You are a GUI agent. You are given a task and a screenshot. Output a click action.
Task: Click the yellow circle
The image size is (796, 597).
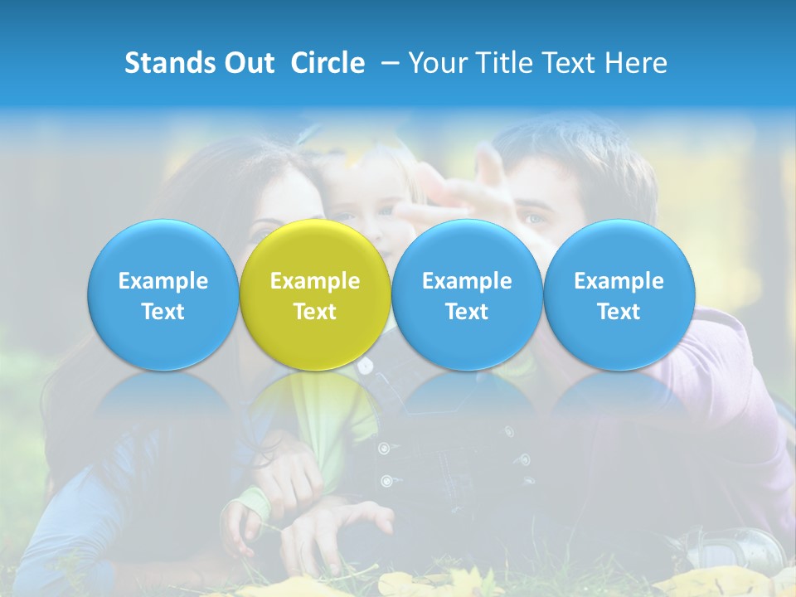315,295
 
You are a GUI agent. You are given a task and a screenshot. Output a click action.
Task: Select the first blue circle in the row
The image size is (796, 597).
163,295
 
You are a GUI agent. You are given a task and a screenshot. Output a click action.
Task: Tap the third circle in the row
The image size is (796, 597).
467,295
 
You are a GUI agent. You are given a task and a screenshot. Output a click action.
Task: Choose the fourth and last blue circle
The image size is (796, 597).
619,295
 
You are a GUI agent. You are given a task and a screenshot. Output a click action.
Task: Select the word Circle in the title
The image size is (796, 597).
328,63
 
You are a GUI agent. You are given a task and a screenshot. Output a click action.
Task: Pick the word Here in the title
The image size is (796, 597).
637,63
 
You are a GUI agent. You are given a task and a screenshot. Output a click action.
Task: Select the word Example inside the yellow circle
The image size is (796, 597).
315,281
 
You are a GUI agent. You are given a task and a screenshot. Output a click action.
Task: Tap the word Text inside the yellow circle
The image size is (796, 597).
315,312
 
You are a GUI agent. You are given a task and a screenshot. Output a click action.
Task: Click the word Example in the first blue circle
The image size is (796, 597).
163,281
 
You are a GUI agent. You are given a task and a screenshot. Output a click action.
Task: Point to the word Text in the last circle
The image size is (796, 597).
619,312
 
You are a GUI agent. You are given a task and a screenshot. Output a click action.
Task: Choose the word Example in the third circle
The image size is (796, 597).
467,281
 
